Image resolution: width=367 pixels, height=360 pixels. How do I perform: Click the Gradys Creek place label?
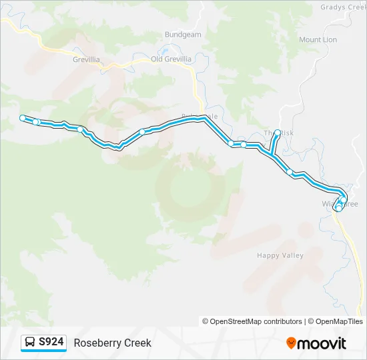click(x=341, y=7)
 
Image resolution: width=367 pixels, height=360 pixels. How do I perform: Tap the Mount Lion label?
click(x=318, y=40)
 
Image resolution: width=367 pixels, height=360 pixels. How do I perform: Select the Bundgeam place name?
click(x=182, y=35)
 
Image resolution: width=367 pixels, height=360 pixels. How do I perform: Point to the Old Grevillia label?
click(x=171, y=59)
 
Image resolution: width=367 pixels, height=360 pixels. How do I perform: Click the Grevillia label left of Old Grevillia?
click(x=86, y=59)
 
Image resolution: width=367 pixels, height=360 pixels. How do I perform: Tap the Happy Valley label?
click(x=280, y=255)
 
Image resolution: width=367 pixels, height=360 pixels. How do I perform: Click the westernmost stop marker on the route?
click(x=23, y=118)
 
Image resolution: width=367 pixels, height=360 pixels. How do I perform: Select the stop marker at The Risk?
click(x=278, y=132)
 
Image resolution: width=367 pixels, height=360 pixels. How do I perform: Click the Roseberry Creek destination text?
click(x=113, y=343)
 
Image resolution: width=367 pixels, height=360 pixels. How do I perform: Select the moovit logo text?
click(x=322, y=343)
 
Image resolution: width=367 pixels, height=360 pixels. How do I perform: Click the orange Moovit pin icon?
click(x=291, y=343)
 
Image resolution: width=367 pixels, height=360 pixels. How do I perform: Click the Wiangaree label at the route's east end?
click(x=340, y=204)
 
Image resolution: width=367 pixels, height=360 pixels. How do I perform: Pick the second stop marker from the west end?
click(x=37, y=122)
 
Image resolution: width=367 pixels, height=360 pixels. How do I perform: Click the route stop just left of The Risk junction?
click(x=244, y=145)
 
